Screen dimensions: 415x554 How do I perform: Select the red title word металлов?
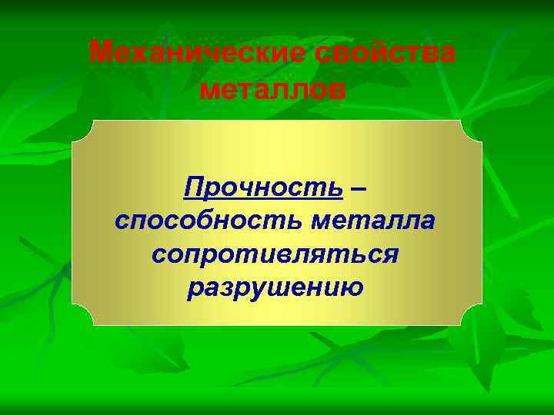(272, 90)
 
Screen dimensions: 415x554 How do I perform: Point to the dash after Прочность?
(359, 187)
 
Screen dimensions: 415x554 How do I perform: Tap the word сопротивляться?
(275, 254)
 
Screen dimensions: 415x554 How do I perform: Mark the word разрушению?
(275, 287)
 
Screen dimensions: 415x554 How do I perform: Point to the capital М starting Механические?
(101, 53)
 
